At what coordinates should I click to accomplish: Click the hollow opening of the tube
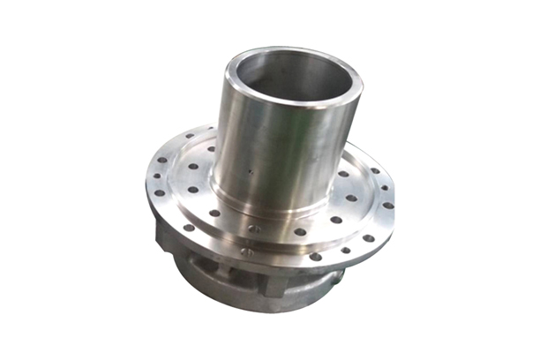point(290,74)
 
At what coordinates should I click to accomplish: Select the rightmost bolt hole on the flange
point(387,206)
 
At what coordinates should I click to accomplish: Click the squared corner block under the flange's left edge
point(168,239)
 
